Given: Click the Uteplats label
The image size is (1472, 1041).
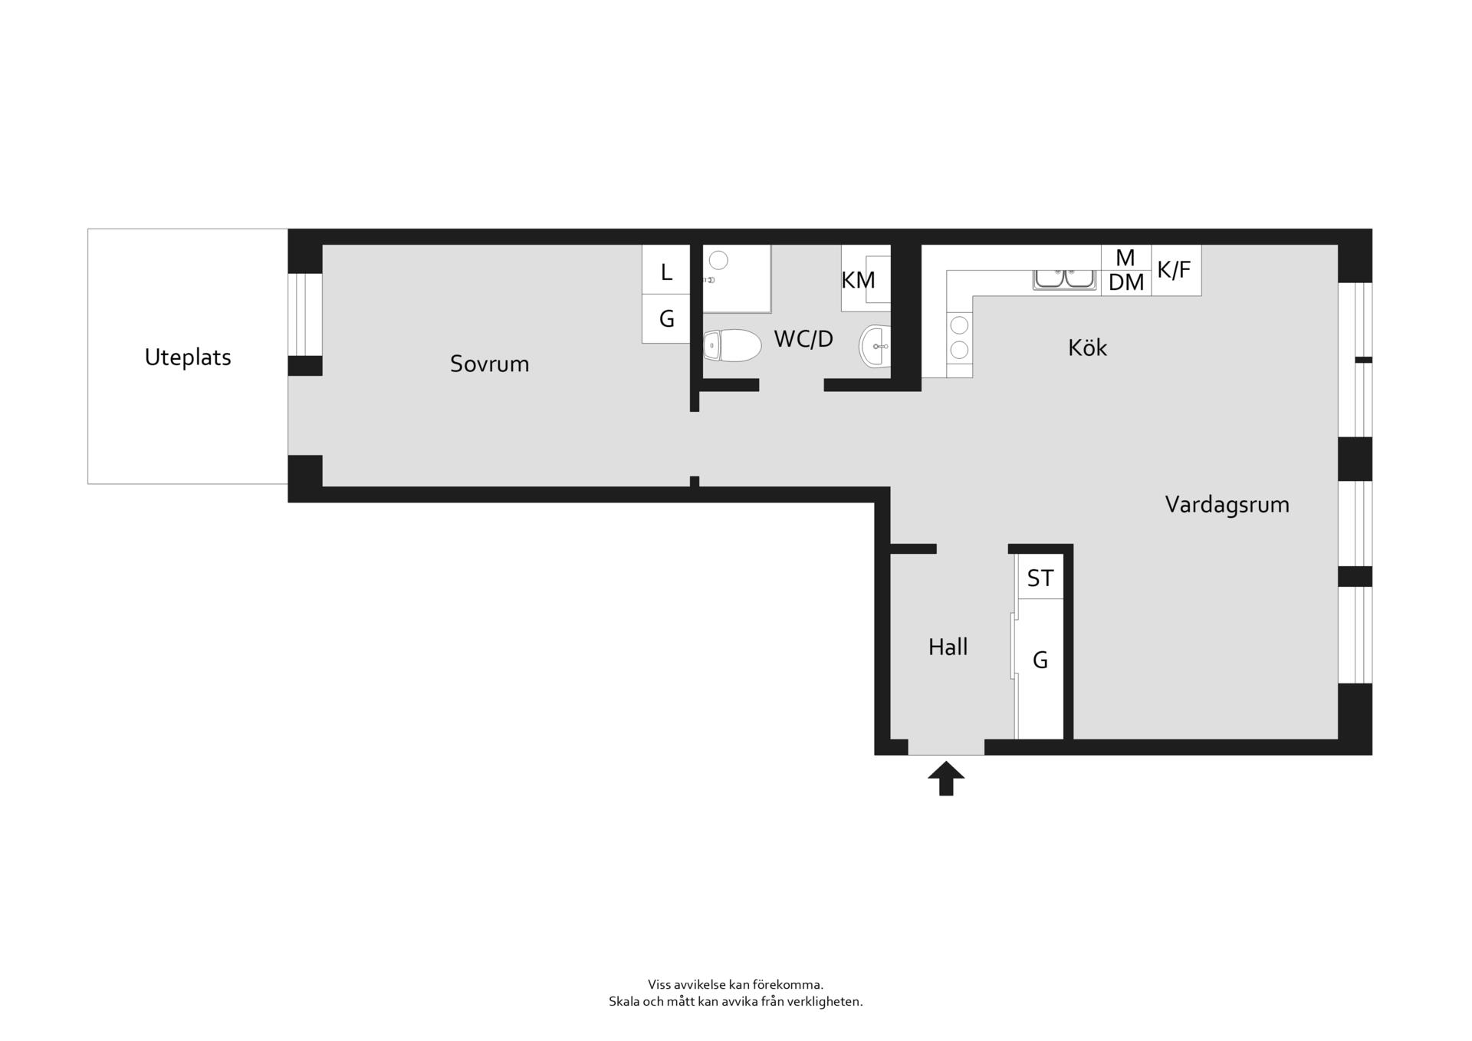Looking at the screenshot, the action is coord(188,357).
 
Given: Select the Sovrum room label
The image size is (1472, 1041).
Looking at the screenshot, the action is coord(489,364).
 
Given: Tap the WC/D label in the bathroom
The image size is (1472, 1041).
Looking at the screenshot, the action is coord(803,339).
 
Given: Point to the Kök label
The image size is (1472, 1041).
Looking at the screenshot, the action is coord(1087,348).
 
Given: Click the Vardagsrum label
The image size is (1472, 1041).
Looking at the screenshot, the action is coord(1227,505).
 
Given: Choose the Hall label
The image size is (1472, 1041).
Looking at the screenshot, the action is coord(948,647).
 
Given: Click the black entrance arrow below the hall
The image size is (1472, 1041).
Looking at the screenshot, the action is coord(946,778).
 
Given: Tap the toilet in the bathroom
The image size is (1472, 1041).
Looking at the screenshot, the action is coord(732,346).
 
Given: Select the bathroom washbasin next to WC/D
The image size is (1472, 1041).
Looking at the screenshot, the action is coord(875,347).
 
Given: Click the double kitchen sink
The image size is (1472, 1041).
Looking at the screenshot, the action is coord(1064,279).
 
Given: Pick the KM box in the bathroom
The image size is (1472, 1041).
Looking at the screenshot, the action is coord(866,278).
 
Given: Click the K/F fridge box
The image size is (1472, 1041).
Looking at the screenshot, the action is coord(1176,270).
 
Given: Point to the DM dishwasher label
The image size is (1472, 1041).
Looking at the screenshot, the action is coord(1126,283).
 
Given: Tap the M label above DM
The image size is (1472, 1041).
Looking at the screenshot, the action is coord(1125,258).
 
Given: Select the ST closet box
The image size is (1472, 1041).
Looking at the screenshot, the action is coord(1040,576).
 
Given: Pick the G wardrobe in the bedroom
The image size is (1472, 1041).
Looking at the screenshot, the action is coord(666,318).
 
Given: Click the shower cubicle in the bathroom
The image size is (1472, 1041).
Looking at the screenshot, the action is coord(737,278).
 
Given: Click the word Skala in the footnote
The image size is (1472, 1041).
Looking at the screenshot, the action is coord(623,1001).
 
